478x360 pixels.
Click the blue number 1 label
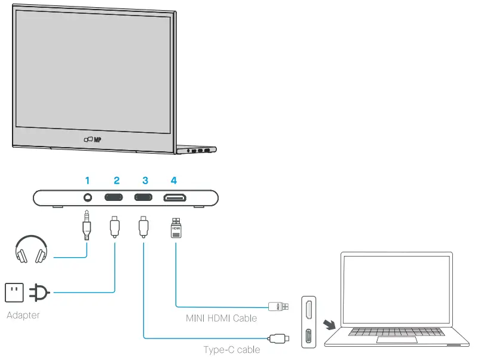coord(87,179)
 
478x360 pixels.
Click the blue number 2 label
coord(116,179)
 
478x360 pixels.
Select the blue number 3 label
coord(145,179)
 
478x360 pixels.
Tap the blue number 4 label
coord(173,179)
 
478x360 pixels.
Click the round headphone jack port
coord(88,197)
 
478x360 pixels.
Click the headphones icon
coord(32,250)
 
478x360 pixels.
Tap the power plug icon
coord(41,292)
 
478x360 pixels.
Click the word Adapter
coord(23,315)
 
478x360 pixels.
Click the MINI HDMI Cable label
coord(221,318)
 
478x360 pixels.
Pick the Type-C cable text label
coord(232,349)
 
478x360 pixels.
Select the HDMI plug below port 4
coord(176,228)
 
